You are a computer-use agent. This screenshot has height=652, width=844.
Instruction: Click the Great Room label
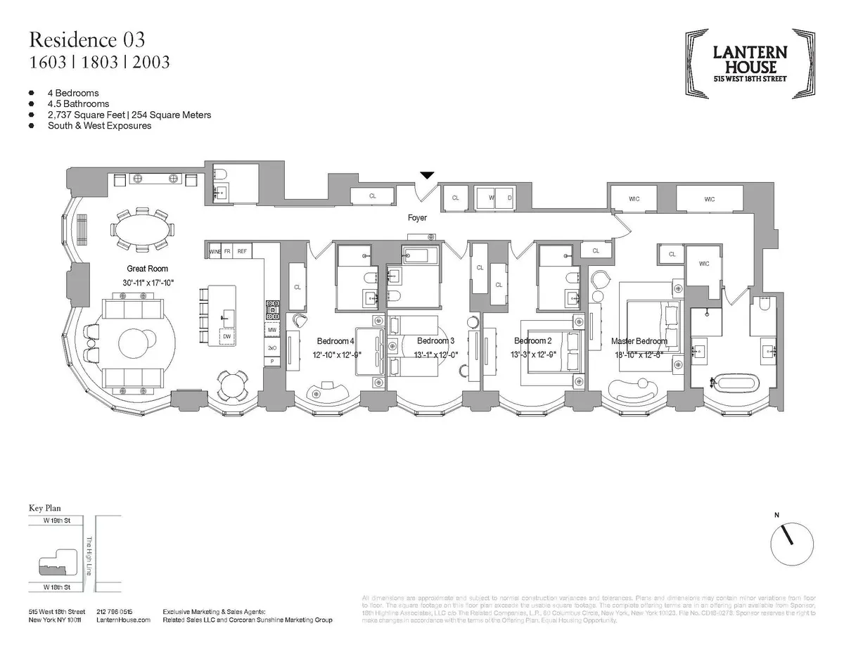(x=147, y=269)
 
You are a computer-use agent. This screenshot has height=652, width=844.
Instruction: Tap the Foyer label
(x=417, y=218)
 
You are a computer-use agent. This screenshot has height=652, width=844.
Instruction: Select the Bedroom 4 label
(x=335, y=340)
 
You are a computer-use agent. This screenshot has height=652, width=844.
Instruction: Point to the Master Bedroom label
(x=639, y=341)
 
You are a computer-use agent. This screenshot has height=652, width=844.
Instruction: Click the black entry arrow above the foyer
(x=426, y=175)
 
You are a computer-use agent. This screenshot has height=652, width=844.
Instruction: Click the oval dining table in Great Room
(x=143, y=229)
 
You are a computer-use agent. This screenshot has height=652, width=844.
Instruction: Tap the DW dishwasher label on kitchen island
(x=226, y=337)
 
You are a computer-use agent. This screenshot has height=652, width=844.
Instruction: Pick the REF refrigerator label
(x=242, y=250)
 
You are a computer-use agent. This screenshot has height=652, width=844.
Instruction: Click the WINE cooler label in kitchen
(x=215, y=250)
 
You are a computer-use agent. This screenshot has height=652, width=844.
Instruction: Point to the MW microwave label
(x=271, y=330)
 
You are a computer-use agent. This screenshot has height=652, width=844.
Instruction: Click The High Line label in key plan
(x=89, y=557)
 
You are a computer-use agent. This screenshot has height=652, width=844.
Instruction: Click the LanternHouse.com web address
(x=123, y=620)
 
